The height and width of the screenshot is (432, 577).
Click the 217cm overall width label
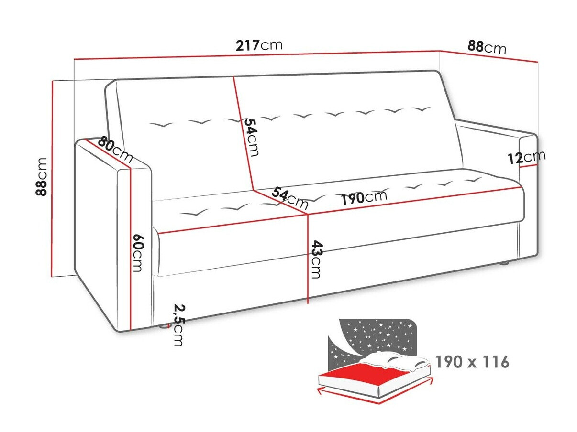coord(259,45)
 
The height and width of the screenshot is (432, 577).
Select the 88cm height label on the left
coord(42,177)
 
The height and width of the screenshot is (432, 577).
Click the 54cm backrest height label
coord(251,137)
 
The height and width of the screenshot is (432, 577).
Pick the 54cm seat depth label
coord(289,198)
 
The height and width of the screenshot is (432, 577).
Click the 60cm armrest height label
coord(138,253)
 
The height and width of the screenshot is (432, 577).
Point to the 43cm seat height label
coord(316,259)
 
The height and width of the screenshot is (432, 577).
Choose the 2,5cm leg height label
coord(179,325)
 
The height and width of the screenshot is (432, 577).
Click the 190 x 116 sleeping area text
coord(472,362)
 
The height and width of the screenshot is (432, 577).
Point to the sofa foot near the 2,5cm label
coord(163,326)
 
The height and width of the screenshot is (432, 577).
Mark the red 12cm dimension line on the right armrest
coord(528,166)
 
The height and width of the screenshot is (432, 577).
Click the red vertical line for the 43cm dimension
coord(308,259)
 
